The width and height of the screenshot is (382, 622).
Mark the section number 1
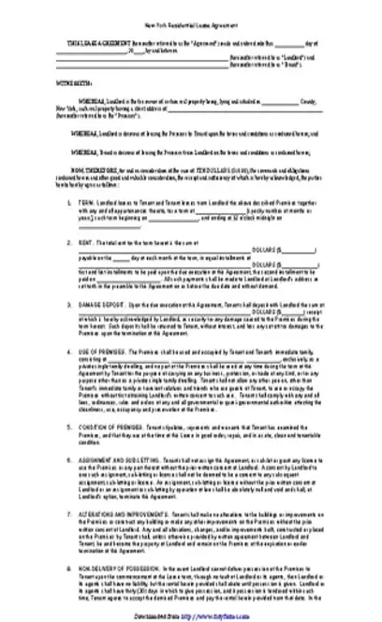pos(67,201)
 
